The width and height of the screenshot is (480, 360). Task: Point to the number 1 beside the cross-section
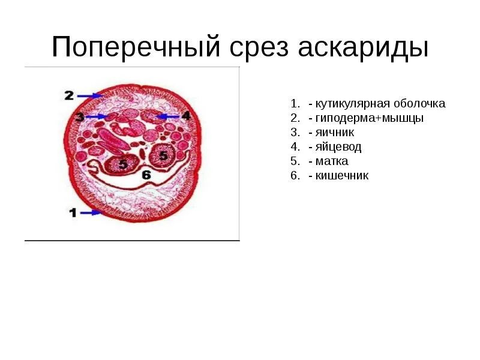coord(73,212)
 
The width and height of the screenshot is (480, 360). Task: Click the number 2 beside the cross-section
coord(69,95)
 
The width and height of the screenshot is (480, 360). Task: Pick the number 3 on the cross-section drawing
coord(80,116)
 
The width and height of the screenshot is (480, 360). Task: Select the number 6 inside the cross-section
coord(146,175)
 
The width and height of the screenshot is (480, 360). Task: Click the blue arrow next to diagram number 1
coord(91,212)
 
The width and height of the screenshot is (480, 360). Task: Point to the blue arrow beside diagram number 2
coord(90,95)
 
